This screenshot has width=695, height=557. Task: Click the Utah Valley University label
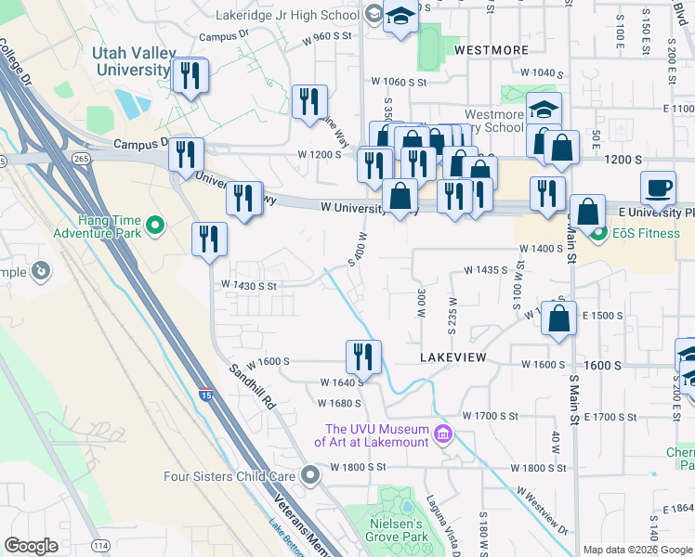tap(131, 61)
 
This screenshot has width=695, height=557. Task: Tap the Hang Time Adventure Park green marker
tap(155, 224)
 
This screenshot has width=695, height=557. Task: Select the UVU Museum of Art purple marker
tap(443, 434)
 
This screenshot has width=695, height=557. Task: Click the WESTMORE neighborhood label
tap(492, 49)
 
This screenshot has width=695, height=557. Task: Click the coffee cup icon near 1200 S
tap(659, 186)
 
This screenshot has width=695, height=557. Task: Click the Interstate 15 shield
tap(203, 396)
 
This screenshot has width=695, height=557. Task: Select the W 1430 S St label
tap(248, 286)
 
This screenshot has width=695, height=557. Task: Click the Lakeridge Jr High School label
tap(298, 16)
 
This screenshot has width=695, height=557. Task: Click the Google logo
tap(31, 546)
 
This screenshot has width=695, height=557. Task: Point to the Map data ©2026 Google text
tap(637, 550)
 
